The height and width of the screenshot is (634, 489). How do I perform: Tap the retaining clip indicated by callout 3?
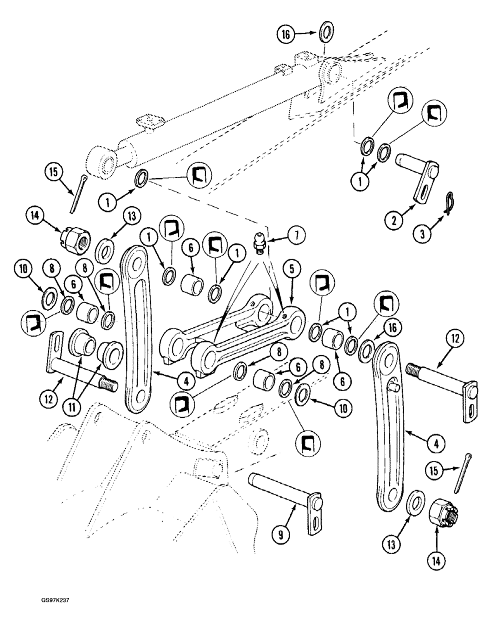point(448,203)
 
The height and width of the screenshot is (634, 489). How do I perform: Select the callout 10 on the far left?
point(23,269)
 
